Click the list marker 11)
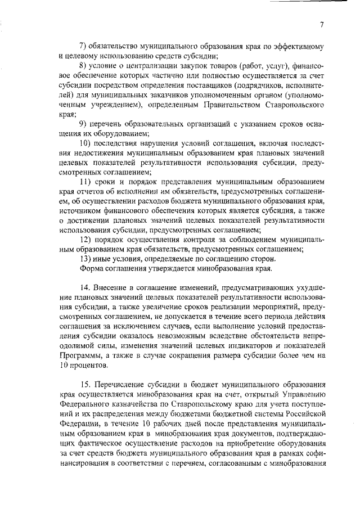85,181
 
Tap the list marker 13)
85,259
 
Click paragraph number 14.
84,288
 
